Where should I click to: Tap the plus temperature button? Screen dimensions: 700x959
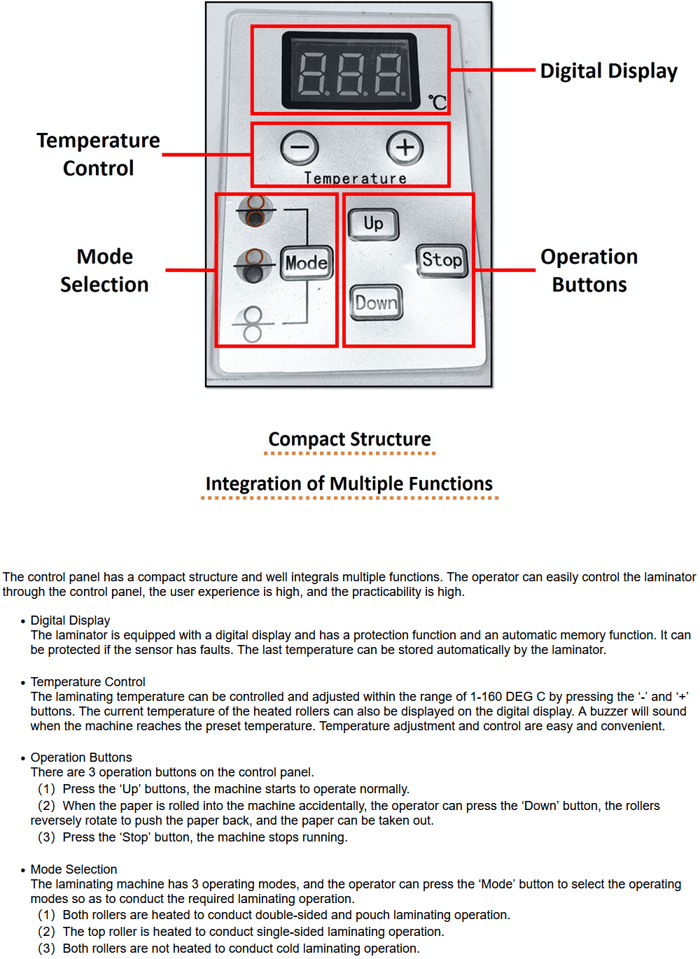click(405, 148)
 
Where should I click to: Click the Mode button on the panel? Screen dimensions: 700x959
click(307, 262)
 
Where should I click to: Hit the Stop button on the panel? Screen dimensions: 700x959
click(442, 260)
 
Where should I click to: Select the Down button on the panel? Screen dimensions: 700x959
click(376, 302)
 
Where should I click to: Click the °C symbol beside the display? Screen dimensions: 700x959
click(437, 102)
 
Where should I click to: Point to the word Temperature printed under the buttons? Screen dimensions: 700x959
click(355, 178)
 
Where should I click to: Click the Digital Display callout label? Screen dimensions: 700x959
click(608, 71)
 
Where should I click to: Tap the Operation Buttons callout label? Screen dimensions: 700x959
click(589, 271)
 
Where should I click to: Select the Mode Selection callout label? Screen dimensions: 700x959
click(104, 271)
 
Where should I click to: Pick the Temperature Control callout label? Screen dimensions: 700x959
click(98, 154)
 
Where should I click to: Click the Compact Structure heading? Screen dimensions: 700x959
click(349, 439)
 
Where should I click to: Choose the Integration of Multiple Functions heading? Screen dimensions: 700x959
click(349, 484)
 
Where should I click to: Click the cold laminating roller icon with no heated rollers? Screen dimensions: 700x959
click(252, 324)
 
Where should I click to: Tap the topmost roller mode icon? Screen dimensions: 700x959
click(255, 211)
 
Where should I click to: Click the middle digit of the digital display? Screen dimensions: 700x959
click(351, 74)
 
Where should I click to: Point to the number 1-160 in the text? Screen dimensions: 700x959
click(485, 697)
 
